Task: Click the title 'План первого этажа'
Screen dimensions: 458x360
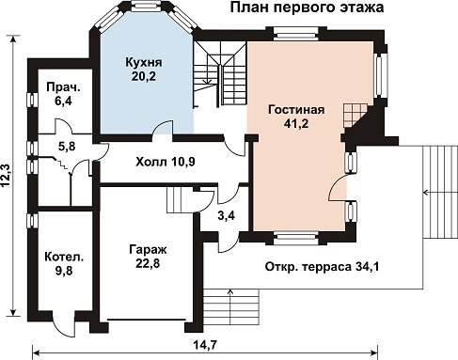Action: (307, 8)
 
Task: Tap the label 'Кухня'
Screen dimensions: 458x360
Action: (144, 62)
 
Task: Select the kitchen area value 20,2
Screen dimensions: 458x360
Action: (144, 76)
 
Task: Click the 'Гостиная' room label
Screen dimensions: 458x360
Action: (296, 110)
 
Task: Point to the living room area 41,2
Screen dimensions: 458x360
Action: (296, 124)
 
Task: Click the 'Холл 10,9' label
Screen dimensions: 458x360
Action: (166, 162)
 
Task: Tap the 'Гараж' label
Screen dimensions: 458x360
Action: (149, 250)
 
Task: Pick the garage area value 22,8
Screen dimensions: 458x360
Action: (148, 263)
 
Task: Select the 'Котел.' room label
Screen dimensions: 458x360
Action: (64, 257)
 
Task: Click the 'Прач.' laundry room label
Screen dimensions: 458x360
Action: (64, 87)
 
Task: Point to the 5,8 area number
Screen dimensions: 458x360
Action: (67, 146)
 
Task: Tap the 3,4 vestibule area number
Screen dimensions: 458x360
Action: (226, 215)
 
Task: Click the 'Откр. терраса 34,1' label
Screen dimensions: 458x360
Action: (323, 267)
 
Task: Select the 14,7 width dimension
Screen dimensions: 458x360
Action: (205, 345)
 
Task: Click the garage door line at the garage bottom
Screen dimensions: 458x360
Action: (147, 320)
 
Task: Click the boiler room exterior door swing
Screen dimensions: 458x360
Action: (63, 328)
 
